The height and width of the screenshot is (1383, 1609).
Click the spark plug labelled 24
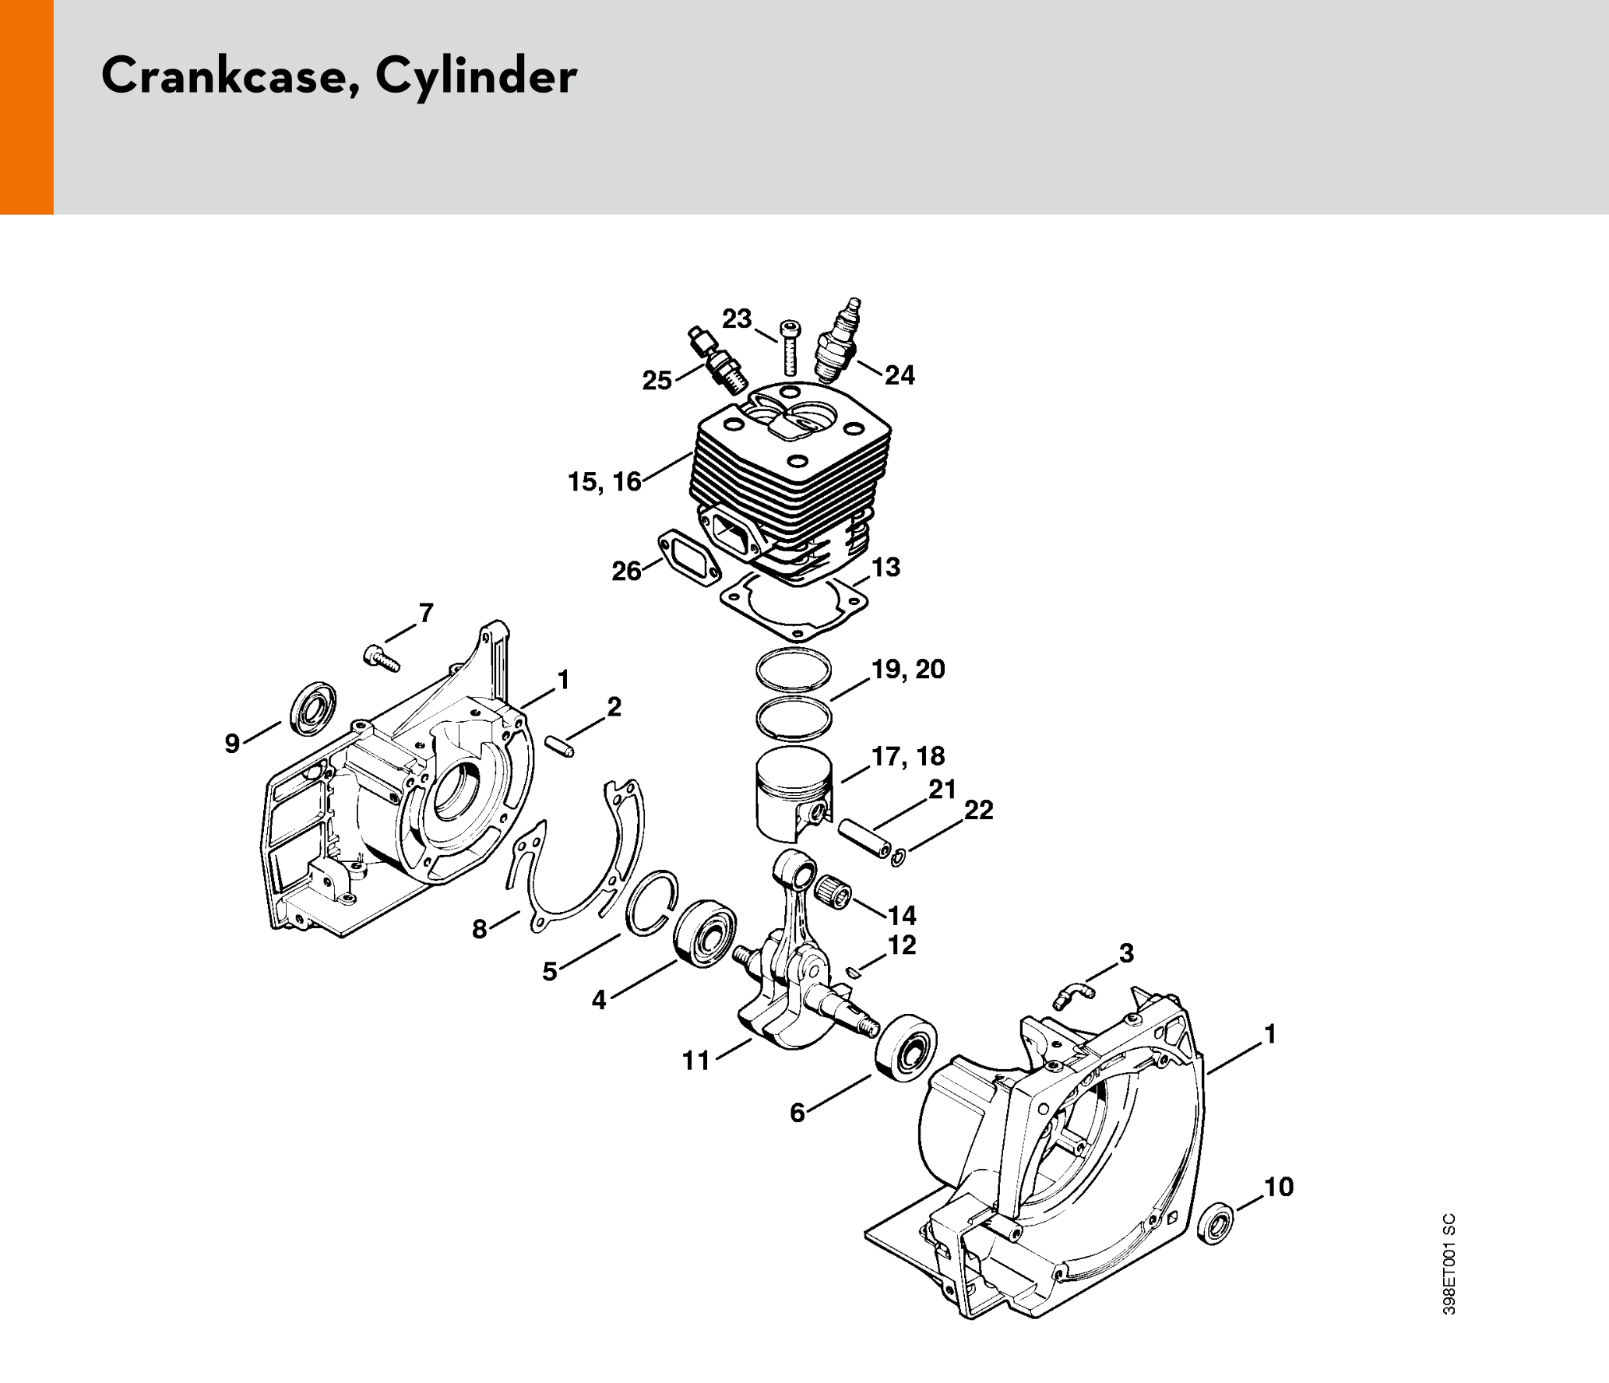coord(836,345)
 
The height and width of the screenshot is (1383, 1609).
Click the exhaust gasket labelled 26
coord(691,557)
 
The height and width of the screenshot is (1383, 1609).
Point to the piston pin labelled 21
coord(864,837)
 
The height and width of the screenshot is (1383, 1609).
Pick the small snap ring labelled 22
coord(898,858)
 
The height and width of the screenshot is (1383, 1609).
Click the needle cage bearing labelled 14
coord(833,889)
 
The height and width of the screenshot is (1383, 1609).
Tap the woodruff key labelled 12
coord(853,971)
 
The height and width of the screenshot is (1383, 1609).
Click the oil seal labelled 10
coord(1216,1223)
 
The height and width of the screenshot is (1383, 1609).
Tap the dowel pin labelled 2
coord(559,745)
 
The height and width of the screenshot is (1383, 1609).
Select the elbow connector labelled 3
coord(1075,996)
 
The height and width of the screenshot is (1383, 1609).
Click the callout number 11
coord(696,1061)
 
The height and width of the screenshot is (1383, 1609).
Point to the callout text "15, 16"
coord(604,482)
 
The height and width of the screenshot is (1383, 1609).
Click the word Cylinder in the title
coord(476,77)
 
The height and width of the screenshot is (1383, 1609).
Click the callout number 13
coord(886,567)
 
